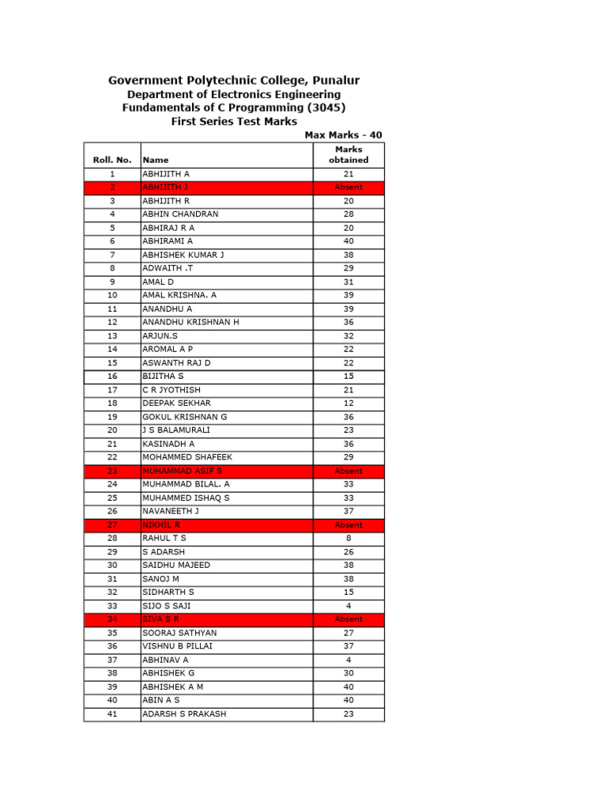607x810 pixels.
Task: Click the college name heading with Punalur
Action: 234,81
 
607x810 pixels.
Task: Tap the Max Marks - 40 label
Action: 343,135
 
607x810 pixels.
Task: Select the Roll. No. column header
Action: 112,160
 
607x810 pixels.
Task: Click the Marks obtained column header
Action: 349,154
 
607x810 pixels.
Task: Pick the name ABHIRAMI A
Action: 168,241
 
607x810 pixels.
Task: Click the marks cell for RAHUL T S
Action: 349,538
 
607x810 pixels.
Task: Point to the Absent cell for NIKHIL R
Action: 349,524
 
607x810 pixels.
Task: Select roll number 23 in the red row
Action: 112,471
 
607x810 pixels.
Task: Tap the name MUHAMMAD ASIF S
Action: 183,471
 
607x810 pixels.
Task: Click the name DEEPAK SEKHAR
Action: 176,403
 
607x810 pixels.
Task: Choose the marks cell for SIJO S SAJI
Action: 349,605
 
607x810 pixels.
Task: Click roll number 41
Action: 112,713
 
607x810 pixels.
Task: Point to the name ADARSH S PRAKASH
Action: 184,713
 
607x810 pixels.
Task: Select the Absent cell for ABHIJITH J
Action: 349,187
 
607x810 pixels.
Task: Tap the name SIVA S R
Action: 161,619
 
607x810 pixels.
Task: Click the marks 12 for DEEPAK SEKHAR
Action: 349,403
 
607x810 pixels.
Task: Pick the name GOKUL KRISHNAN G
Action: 184,417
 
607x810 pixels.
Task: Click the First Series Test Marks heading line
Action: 234,121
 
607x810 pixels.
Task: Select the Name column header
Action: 156,160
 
